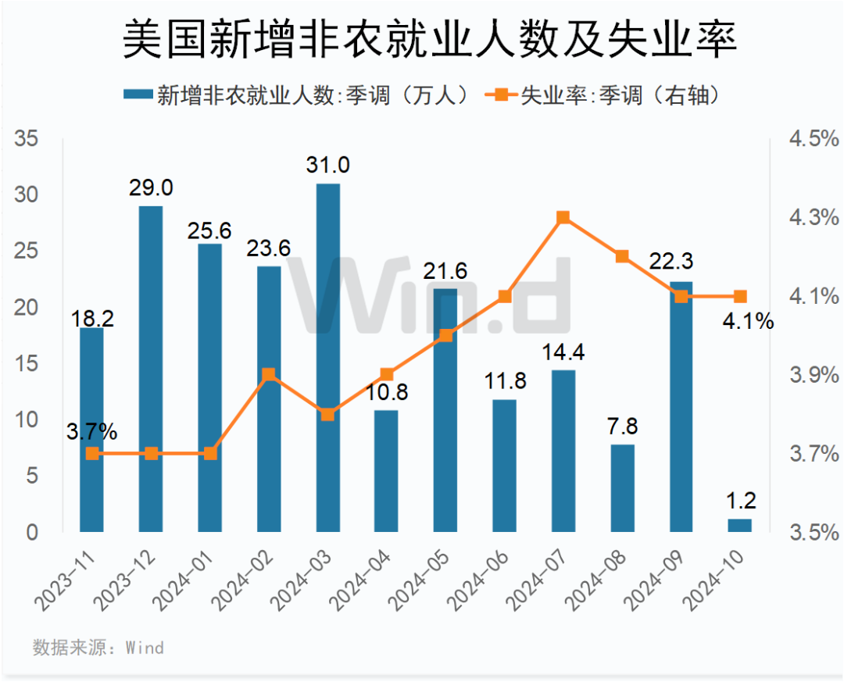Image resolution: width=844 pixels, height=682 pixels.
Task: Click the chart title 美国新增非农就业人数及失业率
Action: tap(430, 41)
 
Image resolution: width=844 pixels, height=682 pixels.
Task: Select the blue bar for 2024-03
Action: tap(328, 358)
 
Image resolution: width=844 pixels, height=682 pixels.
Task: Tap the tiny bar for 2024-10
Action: tap(740, 525)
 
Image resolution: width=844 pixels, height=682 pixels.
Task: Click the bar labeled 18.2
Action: tap(91, 430)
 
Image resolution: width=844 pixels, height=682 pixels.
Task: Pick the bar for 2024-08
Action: tap(623, 488)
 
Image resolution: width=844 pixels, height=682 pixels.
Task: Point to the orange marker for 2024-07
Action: tap(563, 218)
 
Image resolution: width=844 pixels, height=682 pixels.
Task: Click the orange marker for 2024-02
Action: tap(269, 375)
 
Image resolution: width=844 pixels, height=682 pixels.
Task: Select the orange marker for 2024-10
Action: tap(740, 297)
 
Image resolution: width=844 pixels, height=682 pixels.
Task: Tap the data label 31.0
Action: tap(328, 166)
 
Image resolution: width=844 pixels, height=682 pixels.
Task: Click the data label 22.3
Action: tap(681, 262)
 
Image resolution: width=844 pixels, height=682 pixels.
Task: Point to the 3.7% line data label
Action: tap(91, 430)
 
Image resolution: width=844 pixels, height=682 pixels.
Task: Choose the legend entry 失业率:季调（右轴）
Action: tap(610, 95)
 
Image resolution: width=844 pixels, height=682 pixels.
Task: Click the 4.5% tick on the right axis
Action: tap(813, 140)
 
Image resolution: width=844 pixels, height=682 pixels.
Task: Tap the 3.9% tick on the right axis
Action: tap(813, 376)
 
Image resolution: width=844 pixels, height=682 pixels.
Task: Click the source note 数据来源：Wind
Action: tap(98, 648)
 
